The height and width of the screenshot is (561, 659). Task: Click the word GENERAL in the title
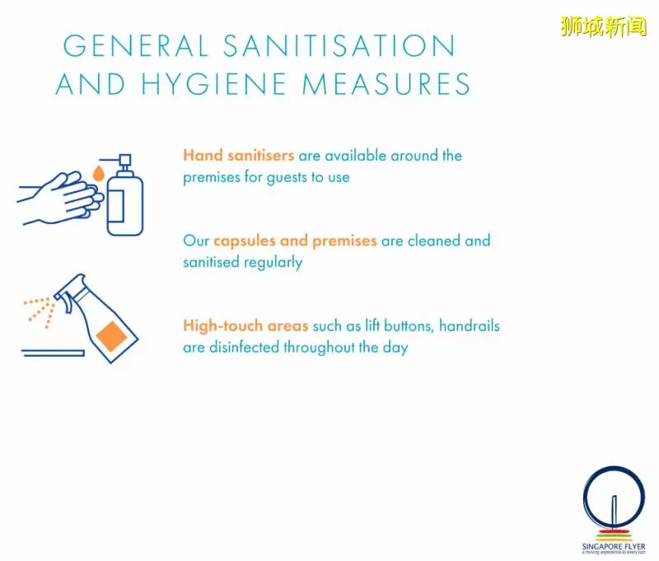click(x=135, y=45)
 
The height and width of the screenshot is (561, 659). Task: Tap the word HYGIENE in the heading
click(x=214, y=84)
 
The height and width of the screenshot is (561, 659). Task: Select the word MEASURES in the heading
click(x=386, y=84)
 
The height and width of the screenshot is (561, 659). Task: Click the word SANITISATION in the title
click(x=339, y=45)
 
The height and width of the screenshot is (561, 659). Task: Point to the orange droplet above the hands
click(x=98, y=172)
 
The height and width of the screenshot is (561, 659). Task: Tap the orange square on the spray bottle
click(x=111, y=336)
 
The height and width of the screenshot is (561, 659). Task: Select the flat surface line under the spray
click(x=54, y=353)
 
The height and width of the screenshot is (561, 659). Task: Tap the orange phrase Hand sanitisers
click(x=238, y=156)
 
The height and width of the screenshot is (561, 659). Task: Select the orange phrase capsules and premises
click(x=295, y=241)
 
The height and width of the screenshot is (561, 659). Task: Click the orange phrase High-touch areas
click(x=245, y=325)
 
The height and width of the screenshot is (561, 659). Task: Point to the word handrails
click(x=470, y=325)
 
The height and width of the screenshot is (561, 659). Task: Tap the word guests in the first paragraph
click(x=287, y=178)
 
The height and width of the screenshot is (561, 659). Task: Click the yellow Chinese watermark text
click(x=603, y=26)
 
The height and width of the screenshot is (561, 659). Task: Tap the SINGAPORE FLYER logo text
click(x=614, y=547)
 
